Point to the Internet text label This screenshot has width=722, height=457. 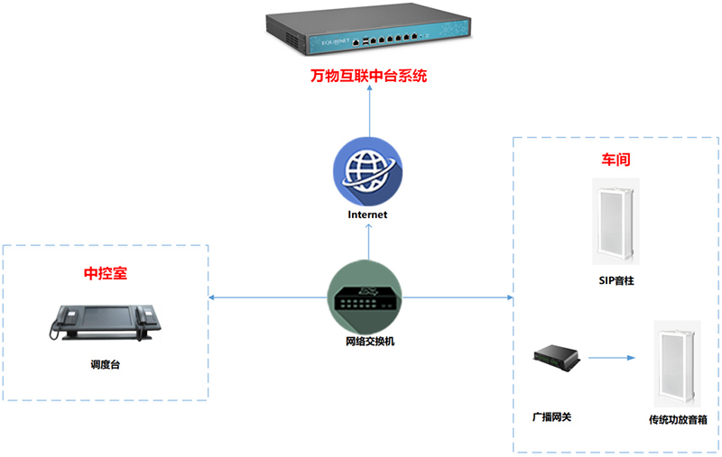(x=367, y=215)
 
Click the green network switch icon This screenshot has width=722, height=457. (x=367, y=297)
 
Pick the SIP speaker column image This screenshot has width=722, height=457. (x=616, y=219)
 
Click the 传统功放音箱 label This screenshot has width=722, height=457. (x=678, y=419)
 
